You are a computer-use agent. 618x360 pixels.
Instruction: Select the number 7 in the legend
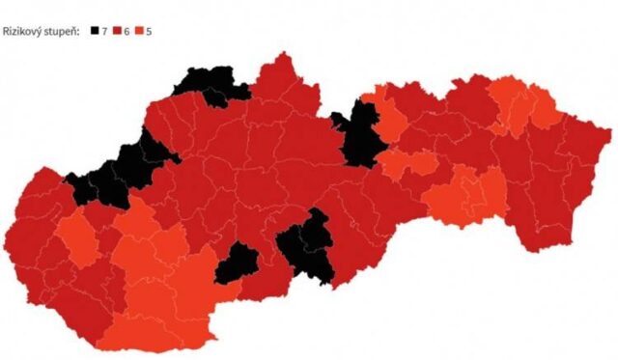coord(104,31)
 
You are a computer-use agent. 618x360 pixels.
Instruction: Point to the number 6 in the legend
coord(126,31)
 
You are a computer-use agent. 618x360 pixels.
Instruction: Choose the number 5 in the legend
coord(149,31)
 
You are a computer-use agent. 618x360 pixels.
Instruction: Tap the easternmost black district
coord(357,135)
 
